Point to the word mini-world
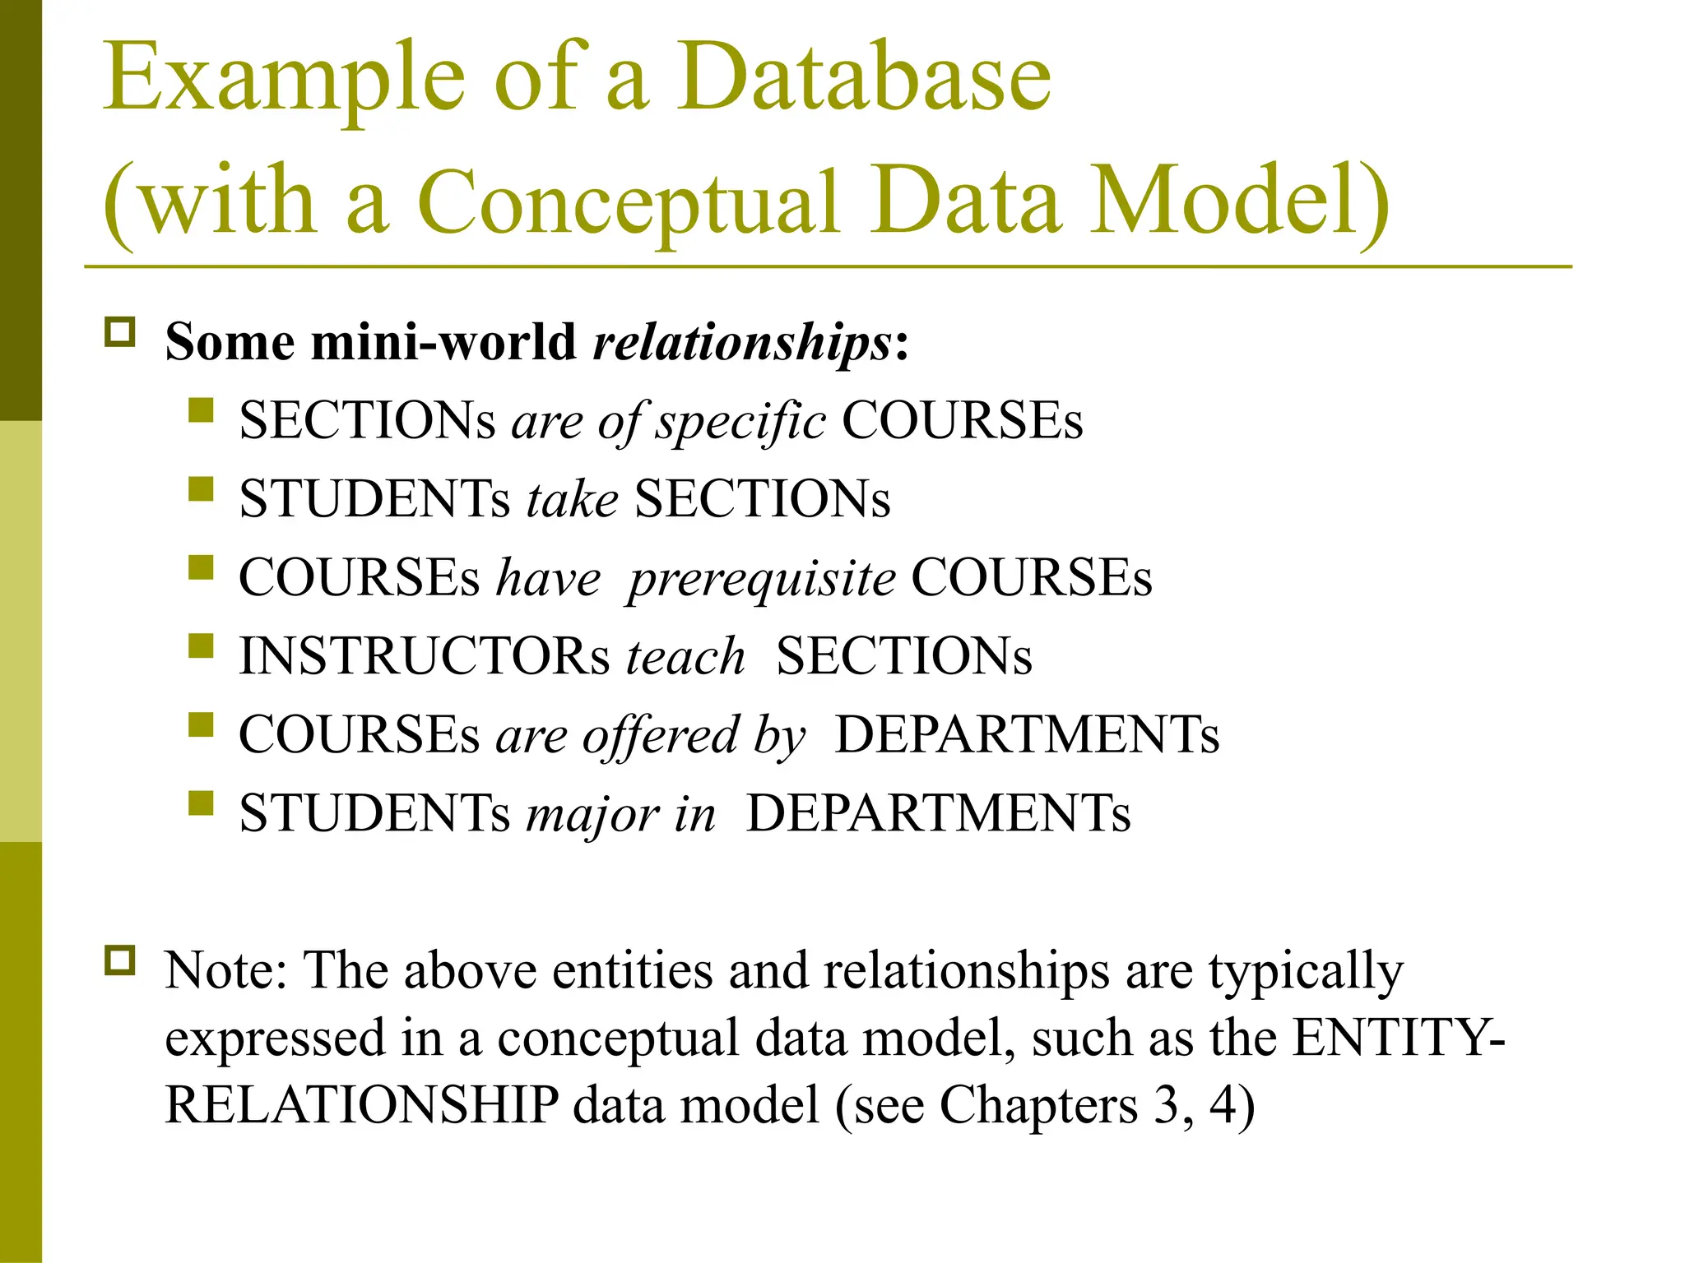(x=443, y=342)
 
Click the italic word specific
(x=740, y=422)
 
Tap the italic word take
(x=572, y=500)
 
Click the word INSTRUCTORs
(x=425, y=657)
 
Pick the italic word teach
(x=685, y=657)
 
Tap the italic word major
(x=592, y=815)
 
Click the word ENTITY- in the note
(x=1399, y=1039)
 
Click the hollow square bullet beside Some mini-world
(x=120, y=332)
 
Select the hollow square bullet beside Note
(x=120, y=960)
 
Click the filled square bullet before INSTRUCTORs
(x=201, y=645)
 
